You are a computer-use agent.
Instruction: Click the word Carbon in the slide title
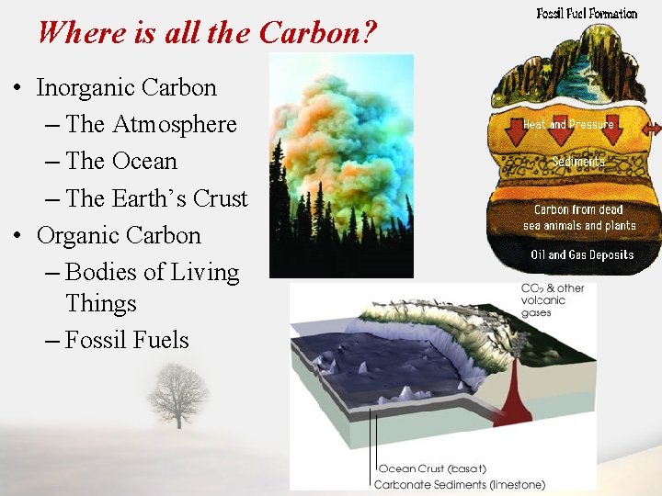coord(317,33)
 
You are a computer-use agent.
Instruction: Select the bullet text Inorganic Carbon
coord(127,88)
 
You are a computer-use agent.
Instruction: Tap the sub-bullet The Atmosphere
coord(151,125)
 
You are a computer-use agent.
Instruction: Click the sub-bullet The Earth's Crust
coord(156,198)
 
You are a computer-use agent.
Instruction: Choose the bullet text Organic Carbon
coord(119,235)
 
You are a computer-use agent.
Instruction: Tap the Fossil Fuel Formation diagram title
coord(587,13)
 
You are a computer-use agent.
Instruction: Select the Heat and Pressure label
coord(568,124)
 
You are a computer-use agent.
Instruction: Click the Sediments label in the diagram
coord(578,162)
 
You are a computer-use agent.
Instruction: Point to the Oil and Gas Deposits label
coord(581,254)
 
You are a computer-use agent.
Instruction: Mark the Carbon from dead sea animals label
coord(579,218)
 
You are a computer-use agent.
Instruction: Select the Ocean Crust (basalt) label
coord(439,469)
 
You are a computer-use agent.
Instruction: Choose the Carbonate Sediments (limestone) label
coord(459,484)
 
